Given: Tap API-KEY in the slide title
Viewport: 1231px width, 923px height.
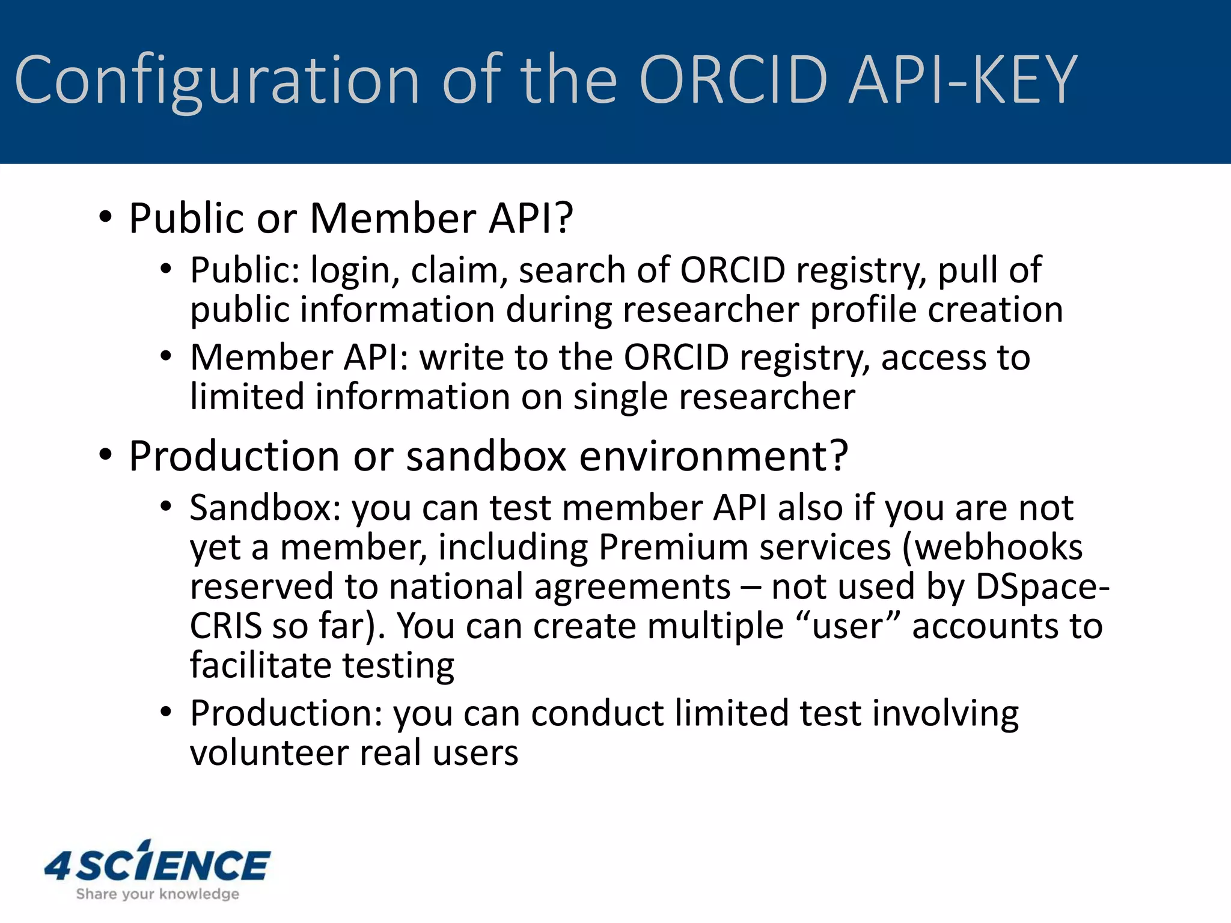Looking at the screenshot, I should pos(962,80).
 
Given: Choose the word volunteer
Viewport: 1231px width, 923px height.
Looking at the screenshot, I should pos(269,753).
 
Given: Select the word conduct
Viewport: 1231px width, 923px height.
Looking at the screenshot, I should pos(597,713).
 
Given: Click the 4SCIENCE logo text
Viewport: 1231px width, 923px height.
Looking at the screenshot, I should pos(157,865).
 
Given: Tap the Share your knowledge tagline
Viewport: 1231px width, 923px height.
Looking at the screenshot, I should pos(157,894).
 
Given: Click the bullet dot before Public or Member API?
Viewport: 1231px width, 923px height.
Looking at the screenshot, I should pos(106,218).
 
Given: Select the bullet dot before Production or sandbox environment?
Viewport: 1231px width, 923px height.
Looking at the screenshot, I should pos(106,455).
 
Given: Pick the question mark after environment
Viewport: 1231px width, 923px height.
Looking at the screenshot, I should pos(837,455).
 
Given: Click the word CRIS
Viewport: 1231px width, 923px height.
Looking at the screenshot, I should pos(225,626).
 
